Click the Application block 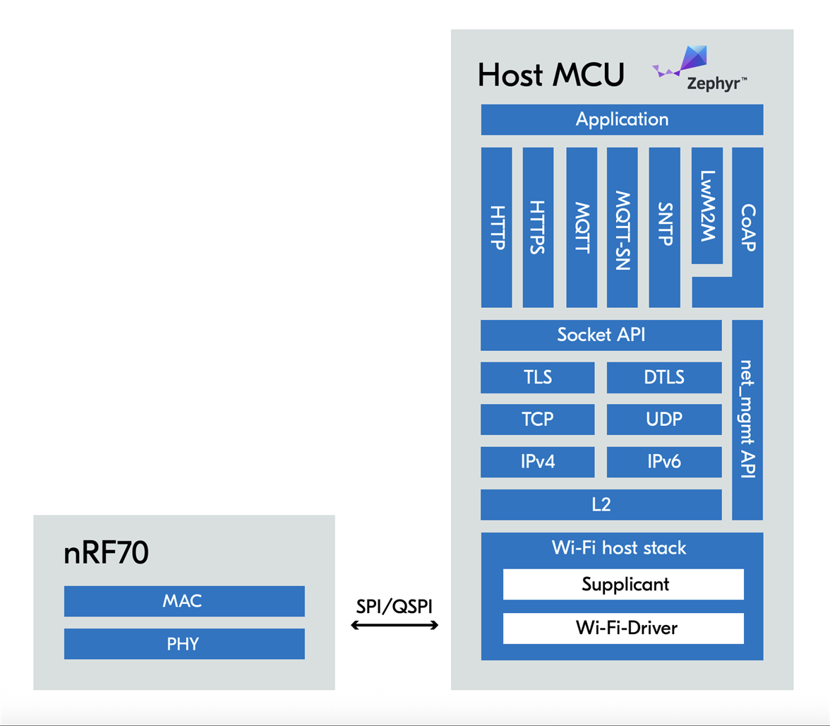pyautogui.click(x=622, y=119)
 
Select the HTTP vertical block pyautogui.click(x=496, y=227)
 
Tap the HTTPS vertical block pyautogui.click(x=538, y=227)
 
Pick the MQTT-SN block pyautogui.click(x=622, y=227)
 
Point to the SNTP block pyautogui.click(x=663, y=227)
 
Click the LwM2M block pyautogui.click(x=706, y=206)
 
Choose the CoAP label pyautogui.click(x=748, y=227)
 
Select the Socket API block pyautogui.click(x=601, y=335)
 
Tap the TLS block pyautogui.click(x=537, y=377)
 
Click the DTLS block pyautogui.click(x=664, y=377)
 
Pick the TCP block pyautogui.click(x=537, y=419)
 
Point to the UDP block pyautogui.click(x=664, y=419)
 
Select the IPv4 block pyautogui.click(x=537, y=462)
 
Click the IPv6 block pyautogui.click(x=664, y=462)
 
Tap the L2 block pyautogui.click(x=601, y=504)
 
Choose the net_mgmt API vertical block pyautogui.click(x=747, y=419)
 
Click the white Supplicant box pyautogui.click(x=623, y=584)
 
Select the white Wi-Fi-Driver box pyautogui.click(x=623, y=628)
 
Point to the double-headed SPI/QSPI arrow pyautogui.click(x=395, y=625)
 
